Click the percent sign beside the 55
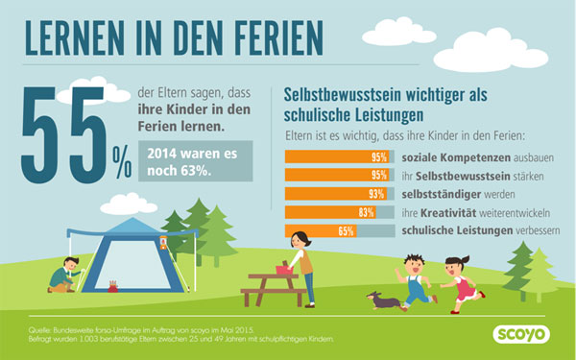point(122,165)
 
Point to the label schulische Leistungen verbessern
point(478,231)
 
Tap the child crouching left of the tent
point(61,276)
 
